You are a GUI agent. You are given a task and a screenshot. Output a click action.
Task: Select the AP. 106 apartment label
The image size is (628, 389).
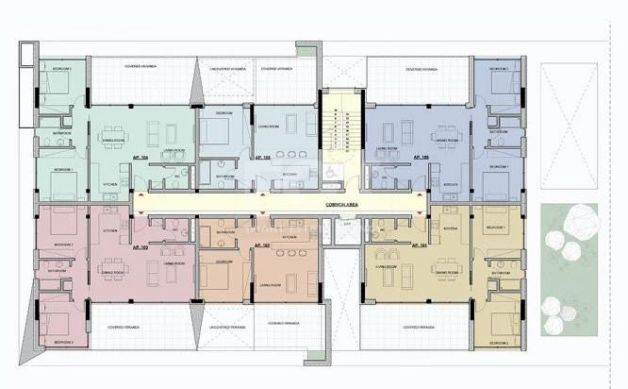419,158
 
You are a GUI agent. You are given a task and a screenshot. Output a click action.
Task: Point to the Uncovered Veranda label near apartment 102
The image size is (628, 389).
225,324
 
